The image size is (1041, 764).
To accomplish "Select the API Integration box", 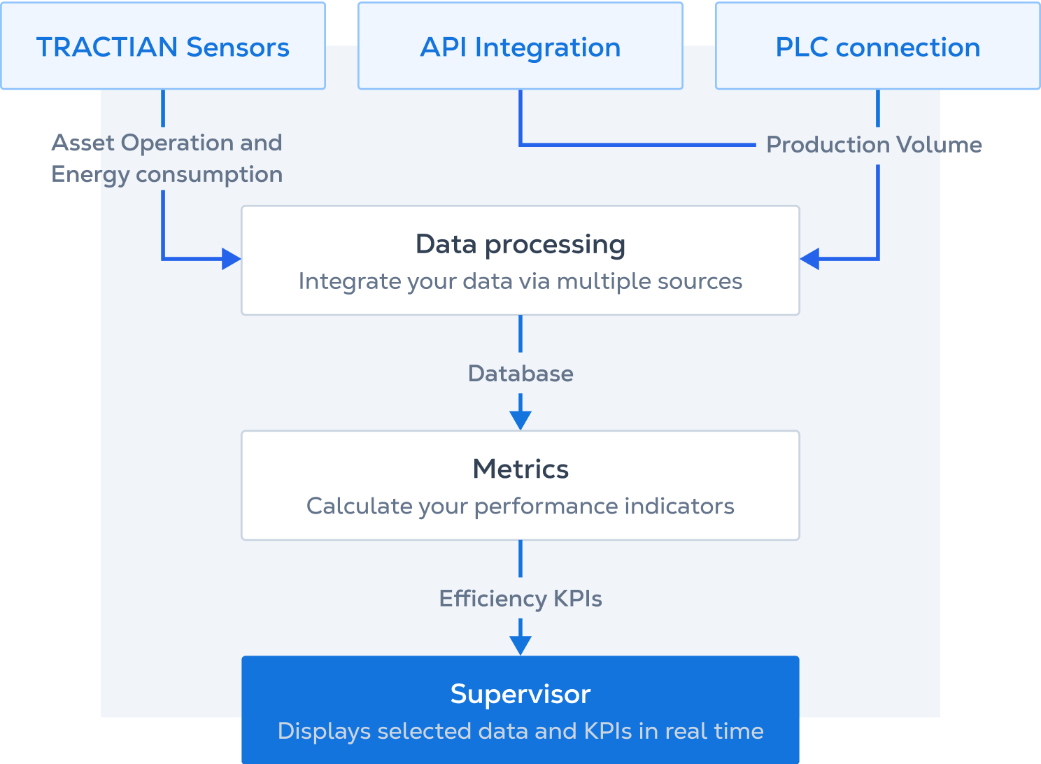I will pos(520,47).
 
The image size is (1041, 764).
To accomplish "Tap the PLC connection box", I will pos(877,47).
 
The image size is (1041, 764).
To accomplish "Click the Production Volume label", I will pos(874,145).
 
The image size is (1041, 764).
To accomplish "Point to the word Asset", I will pos(83,143).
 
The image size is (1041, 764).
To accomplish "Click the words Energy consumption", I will pos(167,174).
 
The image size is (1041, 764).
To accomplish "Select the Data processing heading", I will pos(520,244).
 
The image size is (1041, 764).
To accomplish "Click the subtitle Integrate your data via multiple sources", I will pos(520,281).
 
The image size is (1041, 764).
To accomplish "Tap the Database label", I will pos(520,374).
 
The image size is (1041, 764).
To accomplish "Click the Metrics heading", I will pos(520,469).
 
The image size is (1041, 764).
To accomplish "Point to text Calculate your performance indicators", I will pos(520,506).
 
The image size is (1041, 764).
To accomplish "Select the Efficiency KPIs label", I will pos(520,599).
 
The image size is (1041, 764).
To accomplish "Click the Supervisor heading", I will pos(520,694).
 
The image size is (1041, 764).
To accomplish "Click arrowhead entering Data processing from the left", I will pos(231,259).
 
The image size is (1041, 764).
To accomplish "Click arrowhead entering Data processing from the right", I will pos(810,259).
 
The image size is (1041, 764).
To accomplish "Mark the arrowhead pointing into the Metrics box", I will pos(520,420).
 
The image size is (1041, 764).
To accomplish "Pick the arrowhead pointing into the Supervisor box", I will pos(520,644).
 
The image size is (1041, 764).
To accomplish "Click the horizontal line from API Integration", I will pos(637,145).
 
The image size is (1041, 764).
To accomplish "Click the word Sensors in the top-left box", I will pos(238,47).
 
